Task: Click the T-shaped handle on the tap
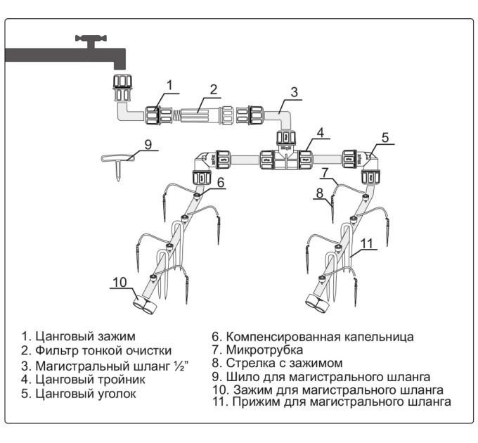point(91,41)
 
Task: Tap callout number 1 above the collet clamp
point(169,85)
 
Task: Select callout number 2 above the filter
point(214,89)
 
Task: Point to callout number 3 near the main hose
point(294,92)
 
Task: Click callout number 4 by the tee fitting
point(320,133)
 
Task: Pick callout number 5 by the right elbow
point(385,138)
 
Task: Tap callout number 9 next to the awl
point(148,144)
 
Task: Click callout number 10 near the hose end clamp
point(119,282)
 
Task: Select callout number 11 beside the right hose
point(366,243)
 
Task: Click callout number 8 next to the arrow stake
point(319,193)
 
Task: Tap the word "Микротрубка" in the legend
point(264,349)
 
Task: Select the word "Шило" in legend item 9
point(241,377)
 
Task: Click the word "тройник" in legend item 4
point(121,380)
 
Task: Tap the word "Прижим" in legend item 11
point(256,402)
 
